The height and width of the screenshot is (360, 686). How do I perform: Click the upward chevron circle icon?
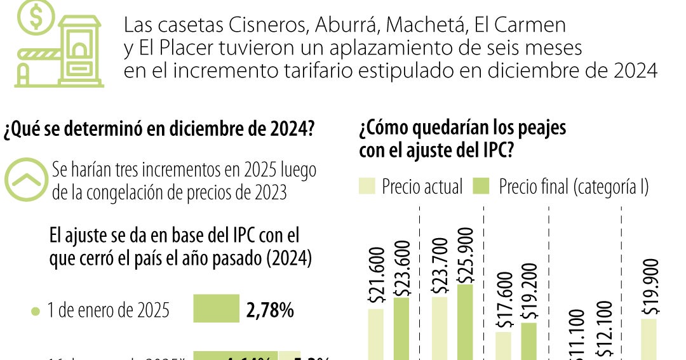click(x=26, y=180)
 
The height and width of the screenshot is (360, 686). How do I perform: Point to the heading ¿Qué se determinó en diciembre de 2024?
click(x=159, y=130)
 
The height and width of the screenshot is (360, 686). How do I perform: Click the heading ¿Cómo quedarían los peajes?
click(x=462, y=129)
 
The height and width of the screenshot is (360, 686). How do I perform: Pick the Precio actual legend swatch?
click(x=368, y=186)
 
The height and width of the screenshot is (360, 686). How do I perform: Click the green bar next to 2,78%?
click(x=216, y=309)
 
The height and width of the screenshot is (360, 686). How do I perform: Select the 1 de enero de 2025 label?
click(x=109, y=311)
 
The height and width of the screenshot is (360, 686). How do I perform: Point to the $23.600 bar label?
click(x=401, y=266)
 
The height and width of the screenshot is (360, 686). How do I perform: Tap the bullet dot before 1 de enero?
click(x=35, y=312)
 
